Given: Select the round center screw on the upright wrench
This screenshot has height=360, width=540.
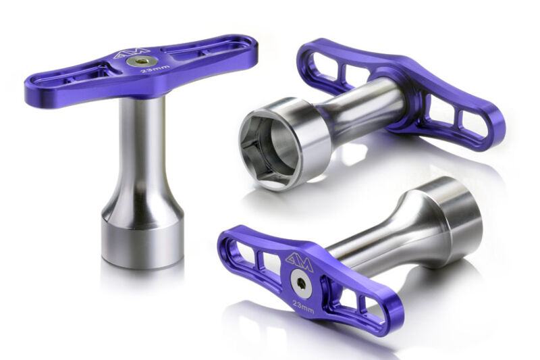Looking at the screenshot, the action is click(x=142, y=61).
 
